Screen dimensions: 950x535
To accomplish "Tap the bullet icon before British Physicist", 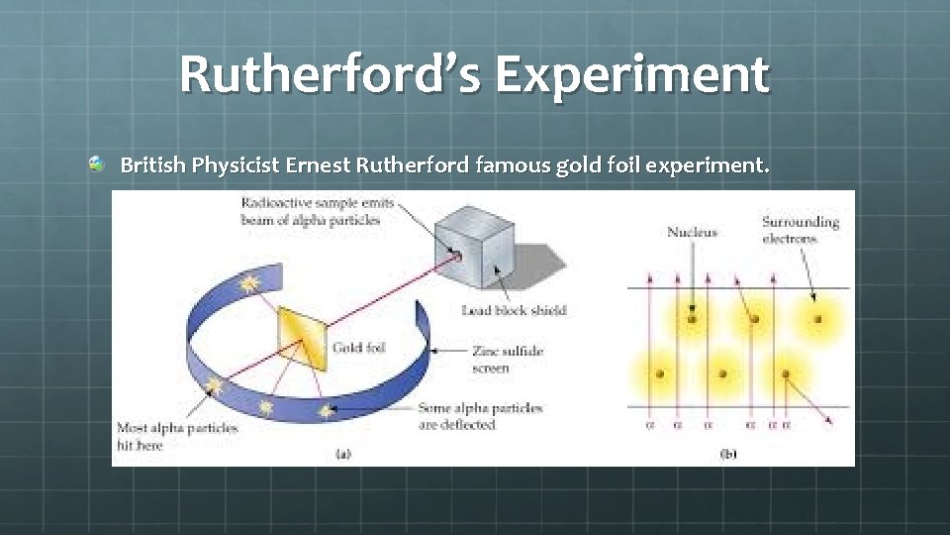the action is pos(96,162).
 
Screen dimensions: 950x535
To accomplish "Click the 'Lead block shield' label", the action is pos(514,310).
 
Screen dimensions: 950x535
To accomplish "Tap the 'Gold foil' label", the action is pos(359,348).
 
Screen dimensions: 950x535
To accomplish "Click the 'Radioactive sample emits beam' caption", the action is pos(317,211).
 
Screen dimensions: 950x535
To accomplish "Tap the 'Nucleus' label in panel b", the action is pos(692,233).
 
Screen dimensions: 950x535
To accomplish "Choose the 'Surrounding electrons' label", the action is pos(801,230).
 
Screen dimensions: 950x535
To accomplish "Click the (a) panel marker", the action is pos(342,454).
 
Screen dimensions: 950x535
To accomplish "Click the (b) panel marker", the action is pos(728,454).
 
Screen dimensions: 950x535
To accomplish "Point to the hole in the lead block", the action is pos(456,257).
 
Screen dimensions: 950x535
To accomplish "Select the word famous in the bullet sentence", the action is pos(507,164).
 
